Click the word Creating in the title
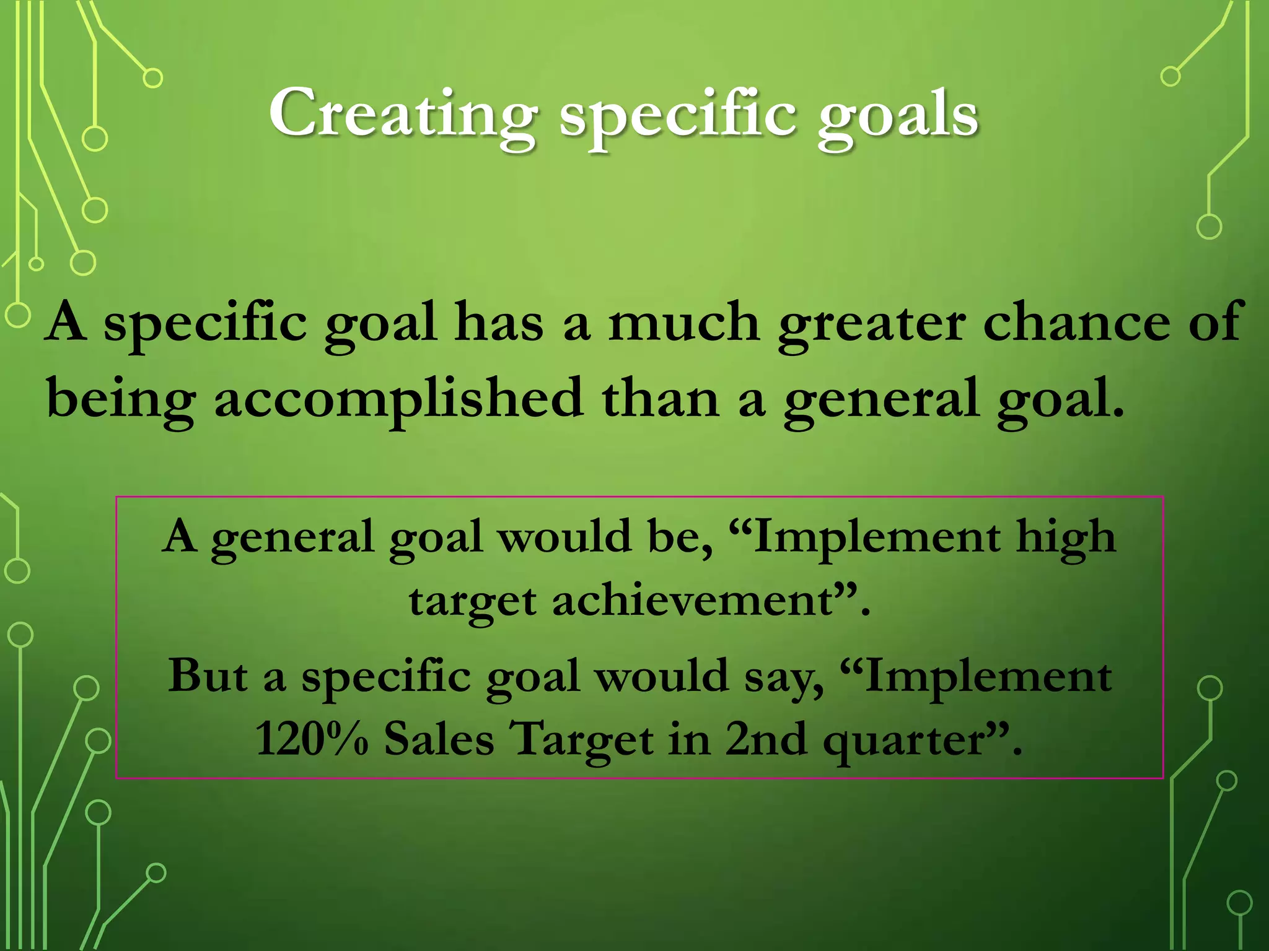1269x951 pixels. (403, 113)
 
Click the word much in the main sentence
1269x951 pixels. (683, 322)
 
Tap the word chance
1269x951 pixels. (1076, 322)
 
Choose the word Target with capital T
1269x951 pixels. (583, 740)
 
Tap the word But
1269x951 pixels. (208, 675)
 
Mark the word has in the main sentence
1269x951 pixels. (498, 322)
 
